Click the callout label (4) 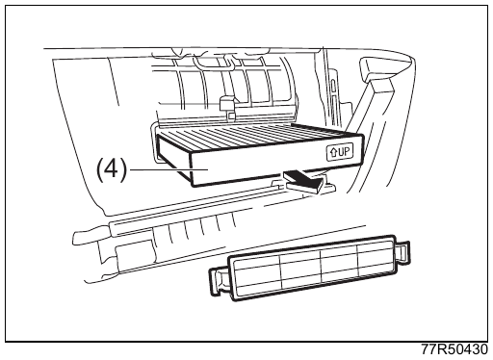(x=112, y=169)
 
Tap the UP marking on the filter (x=340, y=152)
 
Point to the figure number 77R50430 (x=454, y=349)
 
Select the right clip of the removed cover (x=402, y=252)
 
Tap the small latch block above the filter (x=228, y=104)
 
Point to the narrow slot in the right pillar (x=333, y=87)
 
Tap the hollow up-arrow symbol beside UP (x=333, y=152)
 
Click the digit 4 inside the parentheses (x=112, y=168)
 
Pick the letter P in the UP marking (x=347, y=151)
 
